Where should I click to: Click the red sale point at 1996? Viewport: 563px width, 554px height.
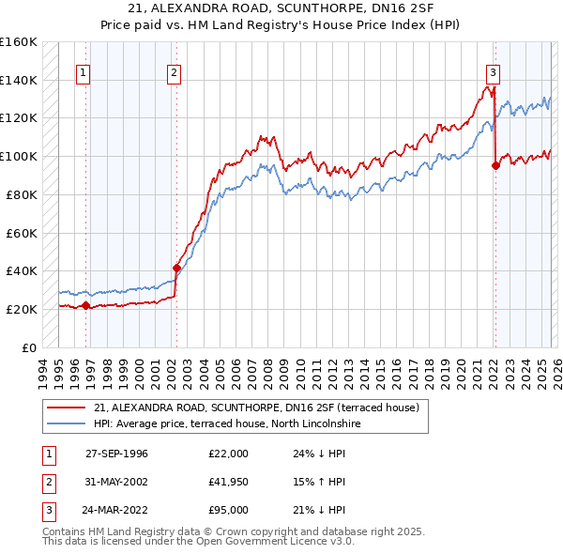pyautogui.click(x=85, y=305)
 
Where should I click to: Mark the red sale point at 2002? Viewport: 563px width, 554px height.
pyautogui.click(x=176, y=268)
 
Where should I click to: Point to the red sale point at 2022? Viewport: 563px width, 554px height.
pyautogui.click(x=495, y=165)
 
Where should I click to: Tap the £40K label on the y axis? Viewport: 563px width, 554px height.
pyautogui.click(x=22, y=270)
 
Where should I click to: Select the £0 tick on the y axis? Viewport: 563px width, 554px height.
pyautogui.click(x=28, y=347)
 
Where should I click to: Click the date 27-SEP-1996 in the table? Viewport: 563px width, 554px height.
pyautogui.click(x=116, y=454)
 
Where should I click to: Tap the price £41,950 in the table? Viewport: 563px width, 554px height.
pyautogui.click(x=229, y=482)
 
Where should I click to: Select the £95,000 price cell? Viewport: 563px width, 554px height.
pyautogui.click(x=229, y=510)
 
